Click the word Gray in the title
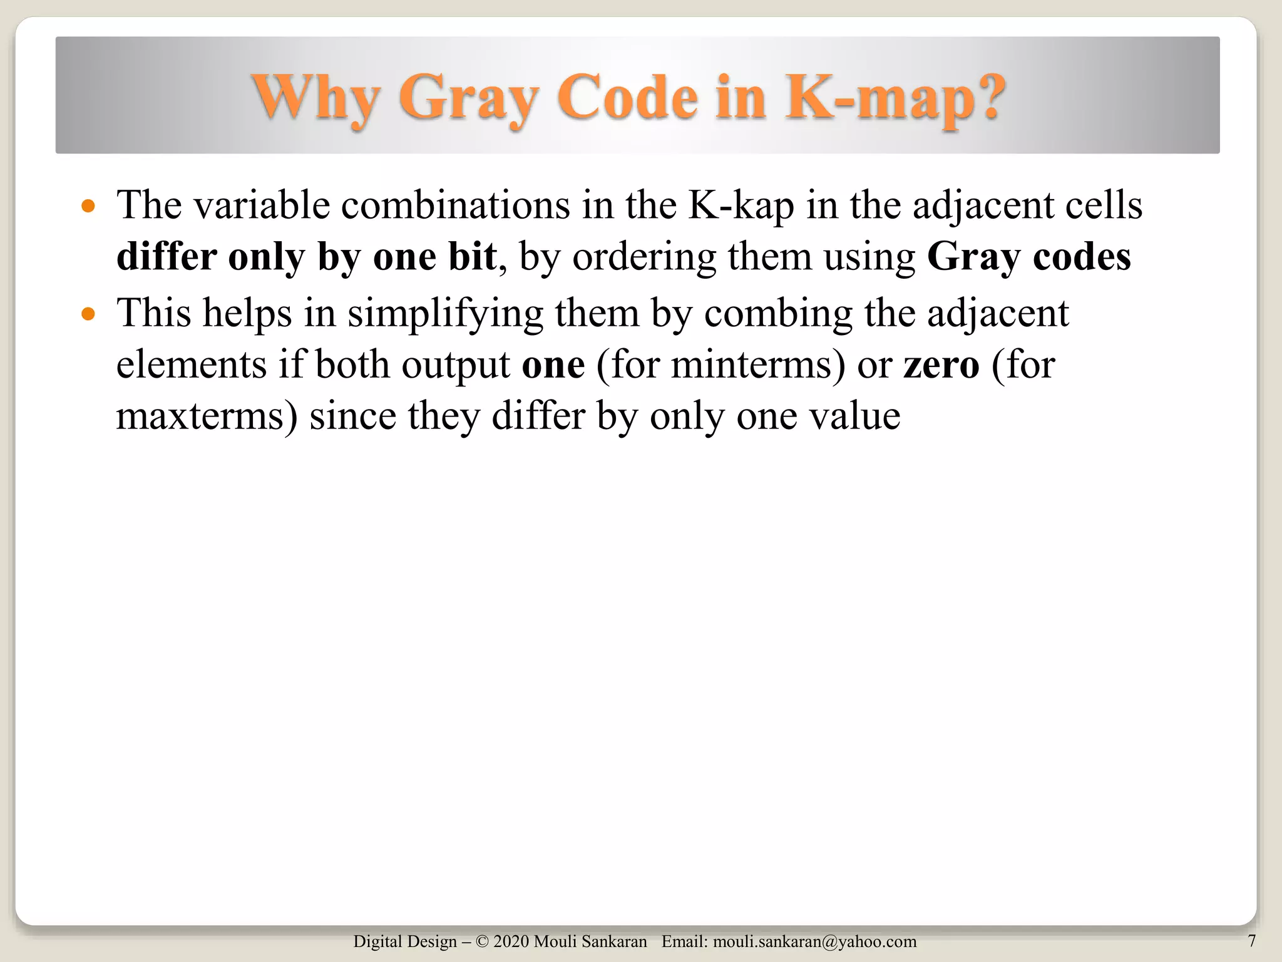468,98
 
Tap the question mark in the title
985,96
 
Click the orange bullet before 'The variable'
88,205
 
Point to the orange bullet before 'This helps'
88,313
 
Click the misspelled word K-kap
741,205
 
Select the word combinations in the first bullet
455,205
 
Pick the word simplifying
445,313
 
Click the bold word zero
941,365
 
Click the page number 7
1251,941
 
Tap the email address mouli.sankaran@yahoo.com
814,941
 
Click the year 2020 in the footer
511,941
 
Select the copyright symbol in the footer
481,941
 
